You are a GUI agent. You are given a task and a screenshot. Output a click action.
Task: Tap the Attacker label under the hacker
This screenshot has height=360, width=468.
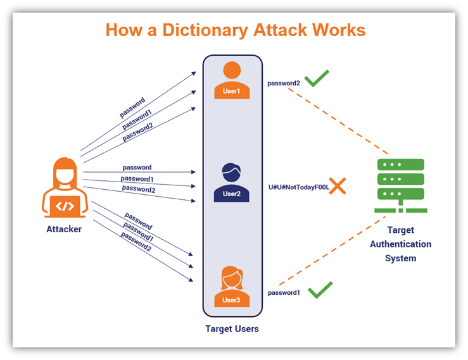click(x=64, y=229)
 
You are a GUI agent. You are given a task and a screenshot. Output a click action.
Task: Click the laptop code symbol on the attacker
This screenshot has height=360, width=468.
click(x=64, y=206)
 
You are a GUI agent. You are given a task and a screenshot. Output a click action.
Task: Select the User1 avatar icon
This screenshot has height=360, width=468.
click(x=232, y=80)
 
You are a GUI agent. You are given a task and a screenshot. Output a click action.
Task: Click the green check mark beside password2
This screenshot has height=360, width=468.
click(x=317, y=79)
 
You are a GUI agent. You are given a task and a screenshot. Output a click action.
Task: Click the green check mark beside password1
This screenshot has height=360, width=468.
click(x=320, y=290)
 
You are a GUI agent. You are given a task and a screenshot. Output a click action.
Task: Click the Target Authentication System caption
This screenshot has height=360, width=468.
click(x=400, y=244)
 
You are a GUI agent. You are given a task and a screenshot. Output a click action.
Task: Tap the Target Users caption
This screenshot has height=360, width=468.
click(x=232, y=329)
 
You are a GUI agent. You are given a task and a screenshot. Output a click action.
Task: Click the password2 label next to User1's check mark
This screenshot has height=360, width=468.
click(x=283, y=83)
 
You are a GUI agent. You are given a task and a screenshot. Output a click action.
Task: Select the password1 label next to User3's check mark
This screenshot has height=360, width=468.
click(x=283, y=293)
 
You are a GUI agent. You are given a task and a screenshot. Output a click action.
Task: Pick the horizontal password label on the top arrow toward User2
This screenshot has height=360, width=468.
click(x=137, y=168)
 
